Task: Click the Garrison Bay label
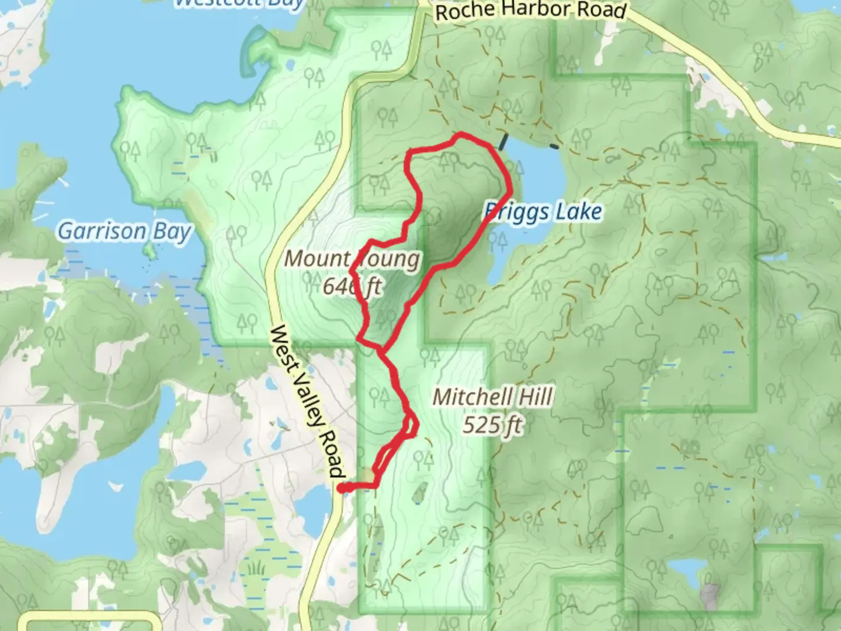(124, 232)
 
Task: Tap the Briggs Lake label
(543, 212)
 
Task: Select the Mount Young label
(352, 259)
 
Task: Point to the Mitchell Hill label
(492, 398)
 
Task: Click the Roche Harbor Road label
(531, 11)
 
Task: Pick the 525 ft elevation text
(492, 425)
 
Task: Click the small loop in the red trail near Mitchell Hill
(411, 426)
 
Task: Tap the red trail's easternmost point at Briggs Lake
(511, 190)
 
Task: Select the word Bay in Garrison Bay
(172, 232)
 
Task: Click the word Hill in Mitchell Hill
(533, 398)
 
